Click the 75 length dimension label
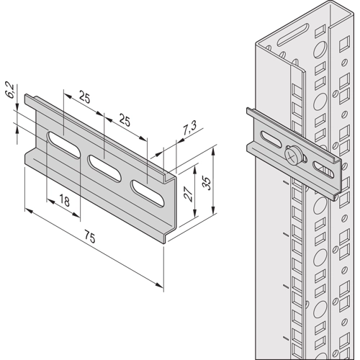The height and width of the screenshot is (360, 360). pyautogui.click(x=90, y=236)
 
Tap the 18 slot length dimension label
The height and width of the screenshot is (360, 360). pyautogui.click(x=64, y=200)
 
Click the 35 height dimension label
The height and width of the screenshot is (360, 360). pyautogui.click(x=207, y=183)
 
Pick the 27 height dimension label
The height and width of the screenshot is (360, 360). pyautogui.click(x=188, y=194)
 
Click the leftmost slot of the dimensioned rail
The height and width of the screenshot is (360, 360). pyautogui.click(x=63, y=145)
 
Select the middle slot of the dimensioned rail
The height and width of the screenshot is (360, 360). pyautogui.click(x=104, y=168)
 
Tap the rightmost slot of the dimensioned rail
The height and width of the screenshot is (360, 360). pyautogui.click(x=148, y=193)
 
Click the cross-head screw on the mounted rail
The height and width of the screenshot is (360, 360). pyautogui.click(x=292, y=154)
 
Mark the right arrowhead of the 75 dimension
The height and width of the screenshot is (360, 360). pyautogui.click(x=159, y=285)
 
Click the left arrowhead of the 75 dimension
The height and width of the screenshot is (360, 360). pyautogui.click(x=29, y=210)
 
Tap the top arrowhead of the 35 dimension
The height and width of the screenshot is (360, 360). pyautogui.click(x=213, y=152)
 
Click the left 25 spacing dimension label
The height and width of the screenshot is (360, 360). pyautogui.click(x=84, y=98)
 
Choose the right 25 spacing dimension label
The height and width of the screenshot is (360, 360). pyautogui.click(x=125, y=121)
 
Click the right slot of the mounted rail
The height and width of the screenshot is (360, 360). pyautogui.click(x=323, y=170)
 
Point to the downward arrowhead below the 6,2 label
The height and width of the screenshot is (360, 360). pyautogui.click(x=17, y=106)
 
